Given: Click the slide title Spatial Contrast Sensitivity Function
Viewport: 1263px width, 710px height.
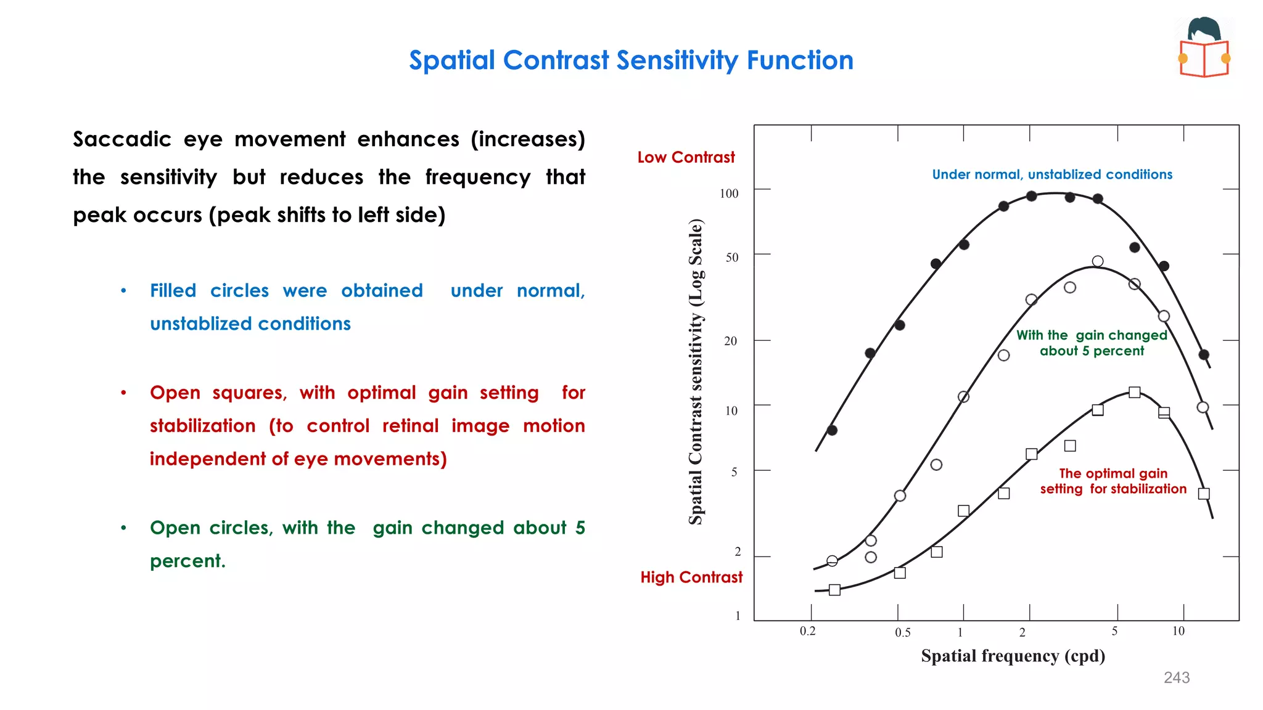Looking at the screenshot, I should [631, 60].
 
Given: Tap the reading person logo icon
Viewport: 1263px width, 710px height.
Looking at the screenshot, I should [1204, 48].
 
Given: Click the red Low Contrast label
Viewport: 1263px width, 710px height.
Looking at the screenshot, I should [686, 158].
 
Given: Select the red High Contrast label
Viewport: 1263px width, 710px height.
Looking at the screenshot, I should [691, 577].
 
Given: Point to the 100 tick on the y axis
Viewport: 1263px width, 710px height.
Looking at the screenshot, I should [729, 194].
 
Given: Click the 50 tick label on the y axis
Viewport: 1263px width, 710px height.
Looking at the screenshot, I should [731, 258].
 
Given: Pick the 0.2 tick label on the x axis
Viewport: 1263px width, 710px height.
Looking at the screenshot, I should [807, 631].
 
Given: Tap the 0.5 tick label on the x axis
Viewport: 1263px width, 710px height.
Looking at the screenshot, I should [902, 632].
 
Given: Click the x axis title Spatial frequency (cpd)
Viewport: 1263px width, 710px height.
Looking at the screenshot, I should [1013, 656].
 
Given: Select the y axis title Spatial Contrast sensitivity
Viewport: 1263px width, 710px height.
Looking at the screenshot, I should [696, 372].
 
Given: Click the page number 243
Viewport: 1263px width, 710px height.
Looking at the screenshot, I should [1176, 678].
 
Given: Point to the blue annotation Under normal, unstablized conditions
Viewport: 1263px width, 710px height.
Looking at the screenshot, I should [1051, 175].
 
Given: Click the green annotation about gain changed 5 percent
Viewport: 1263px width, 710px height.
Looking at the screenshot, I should [1092, 343].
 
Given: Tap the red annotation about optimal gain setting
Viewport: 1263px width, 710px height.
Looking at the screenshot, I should [1113, 481].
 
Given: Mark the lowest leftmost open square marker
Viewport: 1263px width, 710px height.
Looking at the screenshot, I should [834, 590].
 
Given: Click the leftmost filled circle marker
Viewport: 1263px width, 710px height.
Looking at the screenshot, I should [832, 430].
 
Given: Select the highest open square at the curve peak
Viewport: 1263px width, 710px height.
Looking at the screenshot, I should [1134, 393].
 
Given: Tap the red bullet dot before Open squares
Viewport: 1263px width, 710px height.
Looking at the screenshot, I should [124, 393].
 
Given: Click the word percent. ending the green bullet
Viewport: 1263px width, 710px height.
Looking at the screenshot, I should [187, 561].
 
